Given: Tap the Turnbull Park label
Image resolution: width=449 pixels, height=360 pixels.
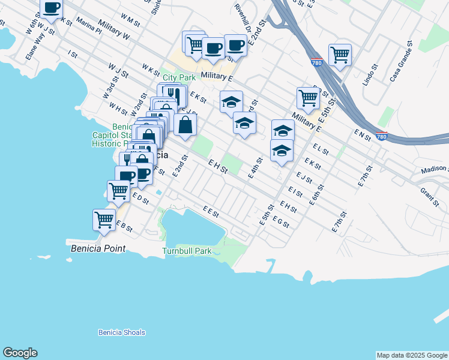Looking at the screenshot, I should (187, 251).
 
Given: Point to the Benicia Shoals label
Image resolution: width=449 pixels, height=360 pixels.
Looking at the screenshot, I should (122, 332).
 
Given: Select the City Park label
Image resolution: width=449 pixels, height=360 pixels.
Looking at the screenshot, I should (179, 78).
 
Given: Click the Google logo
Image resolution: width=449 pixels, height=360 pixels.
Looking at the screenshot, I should (20, 353).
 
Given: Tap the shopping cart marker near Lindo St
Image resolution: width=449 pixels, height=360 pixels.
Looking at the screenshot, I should (340, 55).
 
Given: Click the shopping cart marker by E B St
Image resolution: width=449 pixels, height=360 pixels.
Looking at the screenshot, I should (104, 220).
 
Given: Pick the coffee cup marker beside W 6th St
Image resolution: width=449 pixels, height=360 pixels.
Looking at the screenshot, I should (52, 8).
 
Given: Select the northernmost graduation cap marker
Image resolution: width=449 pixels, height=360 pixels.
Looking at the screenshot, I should (231, 102).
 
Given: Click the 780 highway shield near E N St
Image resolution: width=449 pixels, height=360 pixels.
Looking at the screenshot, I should (381, 137).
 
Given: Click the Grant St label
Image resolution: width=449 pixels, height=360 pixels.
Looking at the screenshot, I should (430, 195).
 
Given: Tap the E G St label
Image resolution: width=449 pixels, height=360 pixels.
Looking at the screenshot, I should (281, 223).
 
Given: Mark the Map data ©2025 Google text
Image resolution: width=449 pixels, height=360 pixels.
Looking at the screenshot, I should (411, 355).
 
